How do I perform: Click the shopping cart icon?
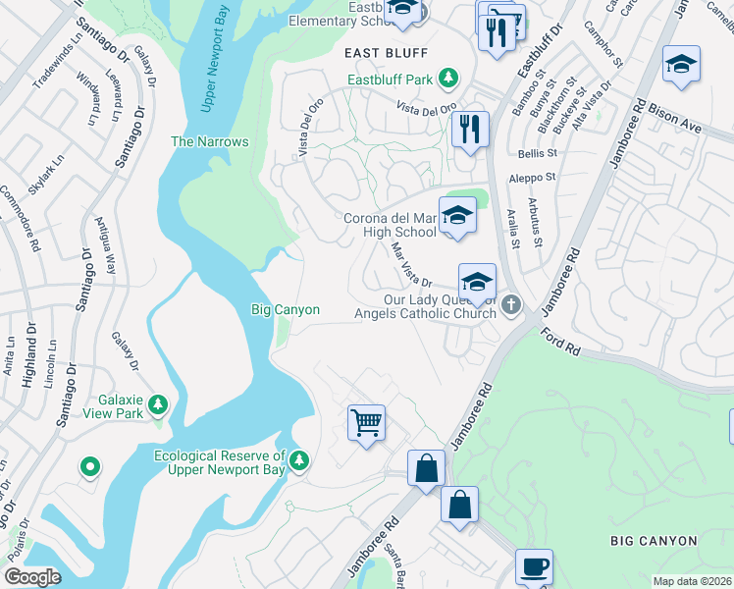(x=366, y=423)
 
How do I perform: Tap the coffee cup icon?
(x=534, y=566)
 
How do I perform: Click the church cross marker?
(x=509, y=307)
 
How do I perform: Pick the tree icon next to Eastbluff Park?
(x=448, y=77)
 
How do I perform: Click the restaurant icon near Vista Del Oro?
(x=470, y=128)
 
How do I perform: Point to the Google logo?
(x=32, y=576)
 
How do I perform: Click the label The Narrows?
(x=209, y=141)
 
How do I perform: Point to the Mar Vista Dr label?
(x=411, y=266)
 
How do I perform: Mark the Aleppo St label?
(x=532, y=178)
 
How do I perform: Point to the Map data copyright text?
(x=693, y=581)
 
